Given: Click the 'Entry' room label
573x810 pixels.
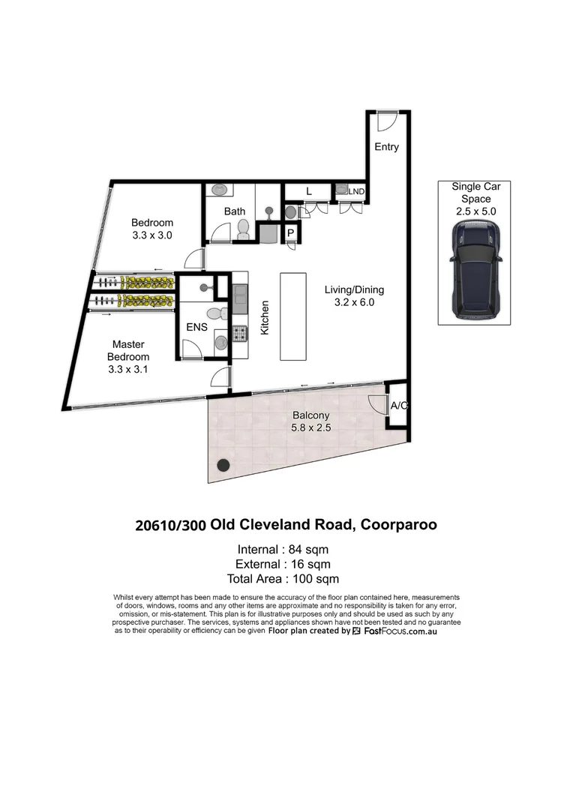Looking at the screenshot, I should coord(386,147).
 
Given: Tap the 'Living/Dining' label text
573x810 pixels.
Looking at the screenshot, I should coord(354,289).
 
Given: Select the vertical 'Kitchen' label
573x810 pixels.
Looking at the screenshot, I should coord(264,317).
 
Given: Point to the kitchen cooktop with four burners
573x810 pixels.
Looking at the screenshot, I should coord(240,333).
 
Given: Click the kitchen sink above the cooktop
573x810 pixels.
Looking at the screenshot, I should coord(239,300).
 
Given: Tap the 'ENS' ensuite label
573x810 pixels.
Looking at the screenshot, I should coord(196,327).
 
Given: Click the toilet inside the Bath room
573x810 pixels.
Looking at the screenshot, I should coord(242,230).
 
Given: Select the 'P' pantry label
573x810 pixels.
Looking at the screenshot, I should coord(291,234).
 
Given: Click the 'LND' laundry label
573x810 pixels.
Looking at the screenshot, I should coord(356,192).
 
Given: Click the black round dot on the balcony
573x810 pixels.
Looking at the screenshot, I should coord(223,464).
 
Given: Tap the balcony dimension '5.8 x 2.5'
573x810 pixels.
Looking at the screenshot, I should coord(310,427).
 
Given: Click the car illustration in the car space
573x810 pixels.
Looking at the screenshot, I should coord(476,268).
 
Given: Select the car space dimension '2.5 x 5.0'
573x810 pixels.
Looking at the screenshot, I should coord(475,211).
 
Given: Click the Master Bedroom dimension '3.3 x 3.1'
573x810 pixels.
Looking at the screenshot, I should coord(128,369).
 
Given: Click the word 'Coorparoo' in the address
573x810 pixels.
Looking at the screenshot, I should coord(398,524).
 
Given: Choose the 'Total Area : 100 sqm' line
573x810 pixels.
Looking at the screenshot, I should coord(283,578).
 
